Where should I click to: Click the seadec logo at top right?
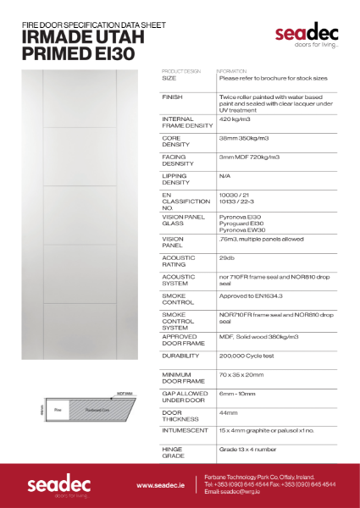click(306, 35)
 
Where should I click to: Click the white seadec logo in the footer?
click(53, 486)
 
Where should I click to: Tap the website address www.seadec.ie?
click(161, 486)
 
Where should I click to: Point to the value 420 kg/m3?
click(235, 119)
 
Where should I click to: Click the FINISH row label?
click(172, 98)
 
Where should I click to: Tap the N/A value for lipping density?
click(224, 176)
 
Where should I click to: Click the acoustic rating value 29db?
click(226, 257)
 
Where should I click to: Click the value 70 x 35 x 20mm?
click(244, 374)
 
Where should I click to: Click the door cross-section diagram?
click(90, 408)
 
